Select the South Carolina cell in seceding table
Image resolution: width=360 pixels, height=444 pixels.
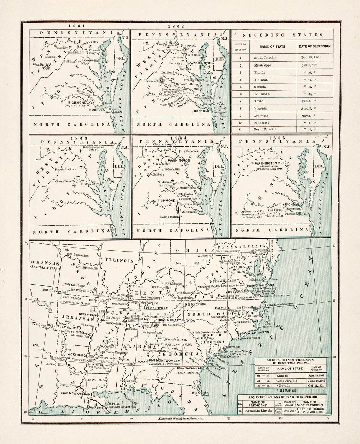click(265, 58)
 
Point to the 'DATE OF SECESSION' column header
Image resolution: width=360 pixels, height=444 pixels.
click(315, 46)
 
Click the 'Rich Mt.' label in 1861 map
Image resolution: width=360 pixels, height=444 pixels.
click(38, 65)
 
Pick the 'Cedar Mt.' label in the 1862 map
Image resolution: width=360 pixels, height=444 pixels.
click(152, 81)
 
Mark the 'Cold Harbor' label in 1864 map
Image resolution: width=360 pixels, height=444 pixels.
click(185, 194)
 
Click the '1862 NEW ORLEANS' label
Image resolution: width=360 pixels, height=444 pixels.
click(76, 393)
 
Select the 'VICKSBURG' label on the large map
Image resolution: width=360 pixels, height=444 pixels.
click(76, 355)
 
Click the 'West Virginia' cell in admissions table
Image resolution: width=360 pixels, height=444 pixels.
click(287, 381)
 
